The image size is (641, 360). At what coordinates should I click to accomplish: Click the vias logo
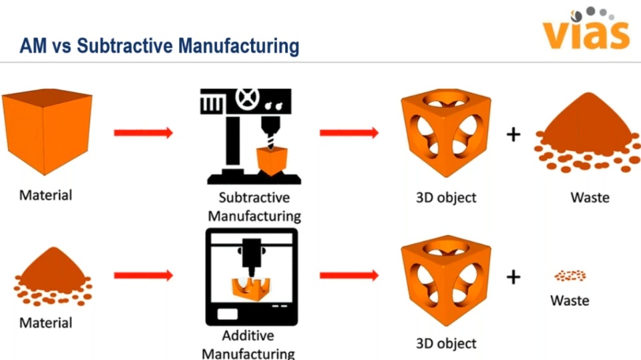pos(586,30)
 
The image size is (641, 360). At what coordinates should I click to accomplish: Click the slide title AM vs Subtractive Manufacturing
pos(159,46)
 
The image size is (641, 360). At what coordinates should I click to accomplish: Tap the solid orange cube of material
pos(46,133)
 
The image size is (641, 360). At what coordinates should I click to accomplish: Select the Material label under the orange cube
pos(45,196)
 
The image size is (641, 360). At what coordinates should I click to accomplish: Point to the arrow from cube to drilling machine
pos(143,133)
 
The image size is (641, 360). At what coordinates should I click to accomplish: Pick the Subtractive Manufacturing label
pos(254,207)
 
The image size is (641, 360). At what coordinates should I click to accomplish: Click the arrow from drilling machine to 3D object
pos(349,133)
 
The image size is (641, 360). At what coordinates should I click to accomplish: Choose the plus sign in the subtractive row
pos(513,134)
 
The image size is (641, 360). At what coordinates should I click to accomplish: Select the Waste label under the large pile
pos(590,197)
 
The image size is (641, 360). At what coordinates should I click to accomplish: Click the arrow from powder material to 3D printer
pos(143,275)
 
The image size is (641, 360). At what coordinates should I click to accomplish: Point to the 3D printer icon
pos(253,277)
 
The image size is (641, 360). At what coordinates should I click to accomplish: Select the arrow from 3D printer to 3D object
pos(349,275)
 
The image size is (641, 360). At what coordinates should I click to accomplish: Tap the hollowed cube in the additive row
pos(445,281)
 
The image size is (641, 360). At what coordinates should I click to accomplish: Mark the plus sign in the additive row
pos(513,277)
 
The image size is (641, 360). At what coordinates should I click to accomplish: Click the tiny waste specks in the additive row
pos(570,275)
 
